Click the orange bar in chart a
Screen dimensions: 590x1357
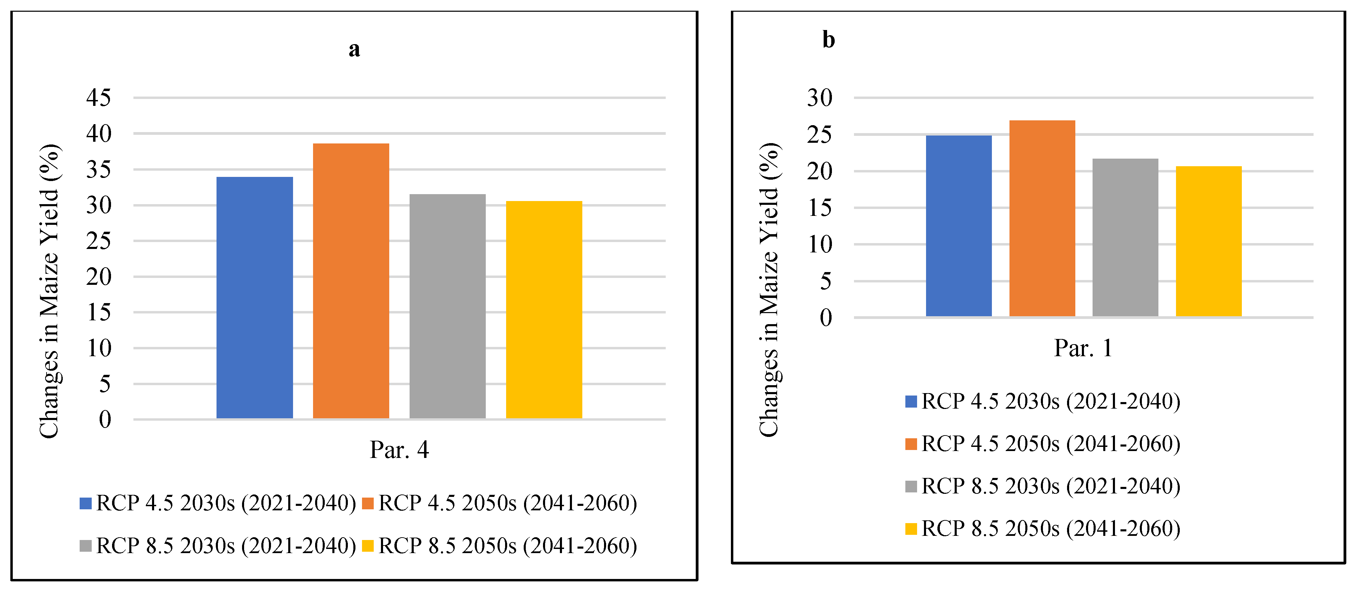(x=351, y=281)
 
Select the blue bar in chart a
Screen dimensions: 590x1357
(x=254, y=298)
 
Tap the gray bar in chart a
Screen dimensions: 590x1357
(x=447, y=306)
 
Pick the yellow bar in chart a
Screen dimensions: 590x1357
(x=544, y=310)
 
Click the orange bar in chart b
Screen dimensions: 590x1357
(x=1042, y=218)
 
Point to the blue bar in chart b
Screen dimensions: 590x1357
(x=959, y=226)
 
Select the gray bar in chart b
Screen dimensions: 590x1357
(x=1125, y=237)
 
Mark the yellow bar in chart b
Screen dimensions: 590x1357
(x=1208, y=241)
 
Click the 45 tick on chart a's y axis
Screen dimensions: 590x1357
(x=99, y=98)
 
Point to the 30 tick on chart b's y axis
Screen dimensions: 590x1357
(x=820, y=98)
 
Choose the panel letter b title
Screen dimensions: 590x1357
(x=828, y=40)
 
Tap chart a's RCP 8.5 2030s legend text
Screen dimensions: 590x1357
(x=226, y=546)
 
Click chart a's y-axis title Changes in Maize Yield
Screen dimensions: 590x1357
(x=50, y=291)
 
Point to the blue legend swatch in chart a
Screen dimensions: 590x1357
(x=86, y=503)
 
